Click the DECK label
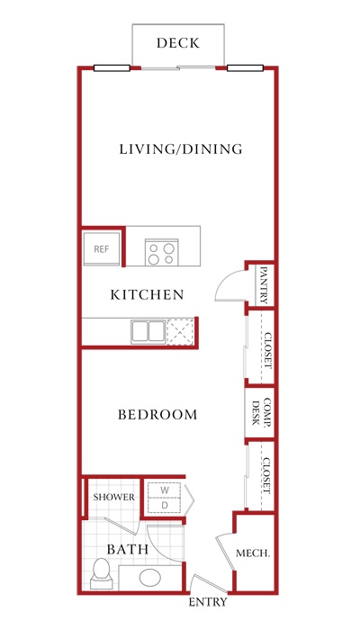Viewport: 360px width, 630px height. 178,43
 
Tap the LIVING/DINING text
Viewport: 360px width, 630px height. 181,149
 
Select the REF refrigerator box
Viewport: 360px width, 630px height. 102,248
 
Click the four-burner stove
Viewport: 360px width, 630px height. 161,252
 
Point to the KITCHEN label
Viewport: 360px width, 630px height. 147,294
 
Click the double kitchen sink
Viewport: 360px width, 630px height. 148,332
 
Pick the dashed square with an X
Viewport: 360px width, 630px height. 180,332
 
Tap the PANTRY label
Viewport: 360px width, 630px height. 264,285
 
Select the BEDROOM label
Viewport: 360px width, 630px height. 157,415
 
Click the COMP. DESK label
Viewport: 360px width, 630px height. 261,412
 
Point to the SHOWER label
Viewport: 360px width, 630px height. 114,497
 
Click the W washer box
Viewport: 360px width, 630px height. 165,490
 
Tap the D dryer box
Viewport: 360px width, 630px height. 165,506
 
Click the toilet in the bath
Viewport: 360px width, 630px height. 101,573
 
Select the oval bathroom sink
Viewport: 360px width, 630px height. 150,578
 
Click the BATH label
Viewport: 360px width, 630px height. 128,549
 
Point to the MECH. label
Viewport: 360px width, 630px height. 253,553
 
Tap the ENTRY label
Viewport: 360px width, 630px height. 208,602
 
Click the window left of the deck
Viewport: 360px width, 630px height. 112,67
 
